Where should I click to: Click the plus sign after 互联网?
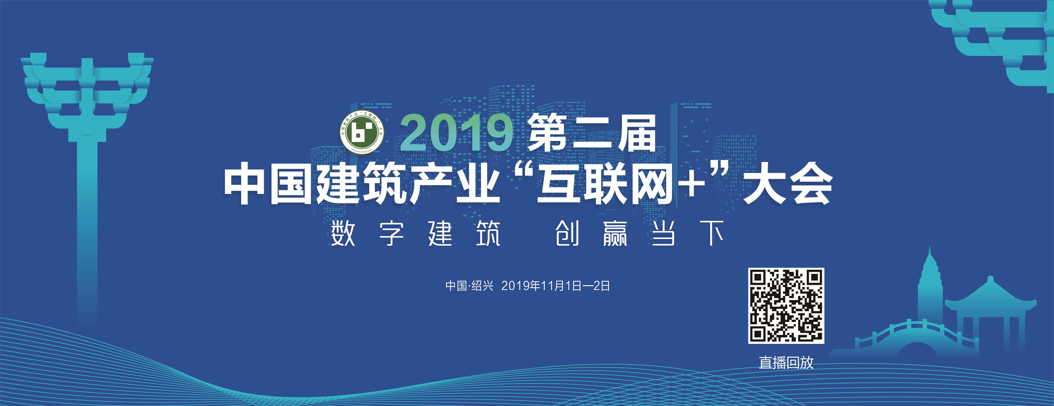coord(691,184)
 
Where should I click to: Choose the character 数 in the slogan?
coord(343,234)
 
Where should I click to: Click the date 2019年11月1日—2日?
coord(555,286)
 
